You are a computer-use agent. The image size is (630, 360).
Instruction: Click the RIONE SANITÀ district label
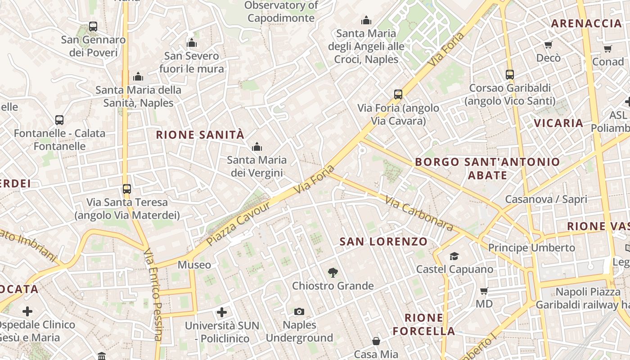click(x=200, y=135)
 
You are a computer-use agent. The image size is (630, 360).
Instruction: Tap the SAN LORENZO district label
click(x=383, y=242)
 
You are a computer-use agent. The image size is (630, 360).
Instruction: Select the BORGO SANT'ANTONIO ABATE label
click(x=487, y=168)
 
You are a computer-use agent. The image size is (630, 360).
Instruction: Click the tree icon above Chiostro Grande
click(x=333, y=272)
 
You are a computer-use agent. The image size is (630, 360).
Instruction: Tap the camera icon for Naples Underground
click(x=299, y=311)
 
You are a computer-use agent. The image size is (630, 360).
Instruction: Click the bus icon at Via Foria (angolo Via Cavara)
click(x=398, y=94)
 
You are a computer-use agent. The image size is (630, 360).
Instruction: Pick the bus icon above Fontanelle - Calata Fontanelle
click(x=59, y=120)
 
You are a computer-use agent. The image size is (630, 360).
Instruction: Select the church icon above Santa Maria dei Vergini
click(x=257, y=147)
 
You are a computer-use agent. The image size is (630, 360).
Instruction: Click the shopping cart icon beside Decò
click(x=548, y=45)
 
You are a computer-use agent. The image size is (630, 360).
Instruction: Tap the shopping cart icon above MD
click(x=484, y=291)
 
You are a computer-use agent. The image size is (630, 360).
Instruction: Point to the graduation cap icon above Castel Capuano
click(x=454, y=256)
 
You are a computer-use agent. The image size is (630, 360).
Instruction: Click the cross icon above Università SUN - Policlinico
click(x=222, y=312)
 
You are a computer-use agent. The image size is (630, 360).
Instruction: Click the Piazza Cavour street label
click(x=239, y=224)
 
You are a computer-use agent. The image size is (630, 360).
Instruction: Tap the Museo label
click(x=194, y=265)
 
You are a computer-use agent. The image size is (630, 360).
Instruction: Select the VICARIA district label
click(x=558, y=123)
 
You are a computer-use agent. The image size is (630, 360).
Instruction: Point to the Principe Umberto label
click(x=531, y=247)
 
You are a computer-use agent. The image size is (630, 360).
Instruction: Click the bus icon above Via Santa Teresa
click(x=127, y=189)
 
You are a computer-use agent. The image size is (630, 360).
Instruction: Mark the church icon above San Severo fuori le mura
click(x=192, y=43)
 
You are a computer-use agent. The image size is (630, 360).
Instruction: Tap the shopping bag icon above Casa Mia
click(x=376, y=341)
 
